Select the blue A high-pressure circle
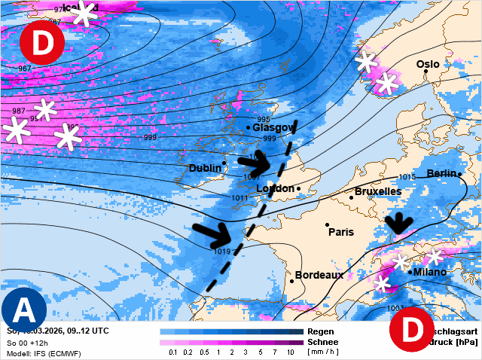tap(23, 309)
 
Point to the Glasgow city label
tap(273, 128)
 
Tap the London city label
tap(274, 188)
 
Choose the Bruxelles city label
tap(377, 192)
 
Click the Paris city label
tap(340, 232)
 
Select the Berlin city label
tap(441, 174)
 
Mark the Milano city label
tap(429, 272)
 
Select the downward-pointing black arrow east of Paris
tap(398, 223)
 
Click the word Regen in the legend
tap(321, 331)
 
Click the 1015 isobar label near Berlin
tap(407, 177)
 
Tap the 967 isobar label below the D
tap(25, 69)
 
